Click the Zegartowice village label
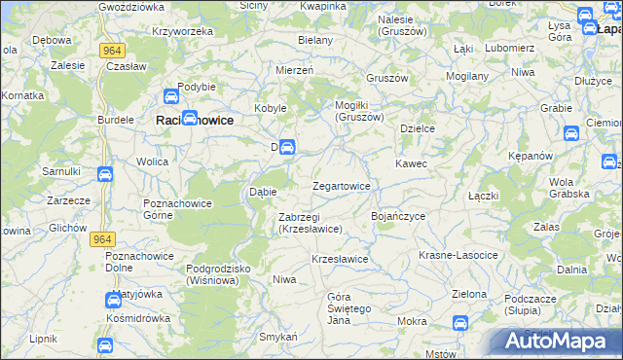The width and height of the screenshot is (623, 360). (x=341, y=186)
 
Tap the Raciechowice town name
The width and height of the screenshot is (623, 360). (x=195, y=120)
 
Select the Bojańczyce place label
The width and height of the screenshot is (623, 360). (x=398, y=215)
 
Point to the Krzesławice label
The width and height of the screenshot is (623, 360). (x=339, y=259)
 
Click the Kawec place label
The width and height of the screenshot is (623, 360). (x=410, y=163)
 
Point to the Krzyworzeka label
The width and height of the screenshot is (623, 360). (x=182, y=31)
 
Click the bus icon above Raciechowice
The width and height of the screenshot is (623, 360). (x=169, y=97)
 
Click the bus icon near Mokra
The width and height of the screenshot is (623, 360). (x=459, y=323)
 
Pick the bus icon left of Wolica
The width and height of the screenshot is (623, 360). (x=105, y=175)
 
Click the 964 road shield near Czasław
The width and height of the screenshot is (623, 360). (x=110, y=51)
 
